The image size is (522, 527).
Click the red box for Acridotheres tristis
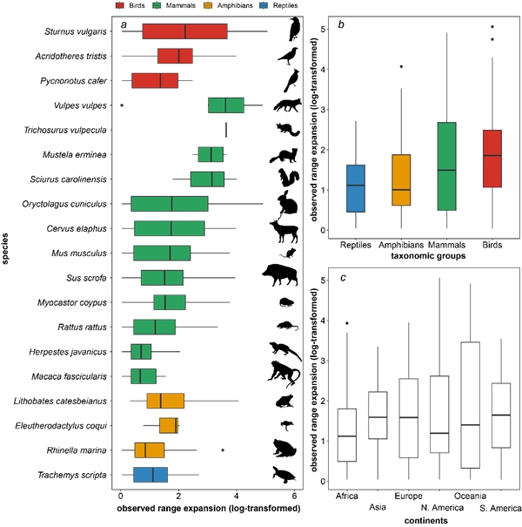pos(175,57)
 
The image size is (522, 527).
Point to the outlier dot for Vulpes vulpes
pos(122,105)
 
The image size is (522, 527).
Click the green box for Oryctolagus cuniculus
pos(170,205)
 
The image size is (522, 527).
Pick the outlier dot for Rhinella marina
pos(223,450)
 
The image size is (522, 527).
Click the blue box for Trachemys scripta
pos(151,476)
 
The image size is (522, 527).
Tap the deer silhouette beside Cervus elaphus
pos(285,230)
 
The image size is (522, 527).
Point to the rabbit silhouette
pos(285,204)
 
